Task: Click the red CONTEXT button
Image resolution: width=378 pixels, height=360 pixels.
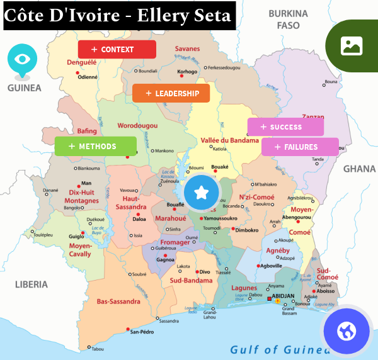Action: (117, 49)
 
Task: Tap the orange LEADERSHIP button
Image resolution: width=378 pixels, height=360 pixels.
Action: (171, 93)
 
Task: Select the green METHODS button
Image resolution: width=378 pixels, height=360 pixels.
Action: (95, 146)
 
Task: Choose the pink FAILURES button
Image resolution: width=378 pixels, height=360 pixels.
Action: (300, 147)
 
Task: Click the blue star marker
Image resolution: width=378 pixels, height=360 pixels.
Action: (202, 192)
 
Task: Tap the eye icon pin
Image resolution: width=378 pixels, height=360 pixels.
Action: (22, 59)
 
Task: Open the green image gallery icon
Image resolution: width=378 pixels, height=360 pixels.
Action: (351, 45)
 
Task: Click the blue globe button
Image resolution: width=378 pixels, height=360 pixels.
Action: (347, 330)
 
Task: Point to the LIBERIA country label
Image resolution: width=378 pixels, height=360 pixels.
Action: (31, 284)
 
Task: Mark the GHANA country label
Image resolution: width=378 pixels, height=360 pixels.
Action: (359, 169)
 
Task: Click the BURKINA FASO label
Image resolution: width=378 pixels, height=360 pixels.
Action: (288, 20)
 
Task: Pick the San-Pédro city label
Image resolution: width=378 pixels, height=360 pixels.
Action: (142, 332)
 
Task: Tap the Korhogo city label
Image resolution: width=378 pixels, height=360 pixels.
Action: (187, 72)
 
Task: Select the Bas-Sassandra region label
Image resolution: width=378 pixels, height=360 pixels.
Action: (118, 301)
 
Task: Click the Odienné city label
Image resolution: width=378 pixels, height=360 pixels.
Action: (88, 77)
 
